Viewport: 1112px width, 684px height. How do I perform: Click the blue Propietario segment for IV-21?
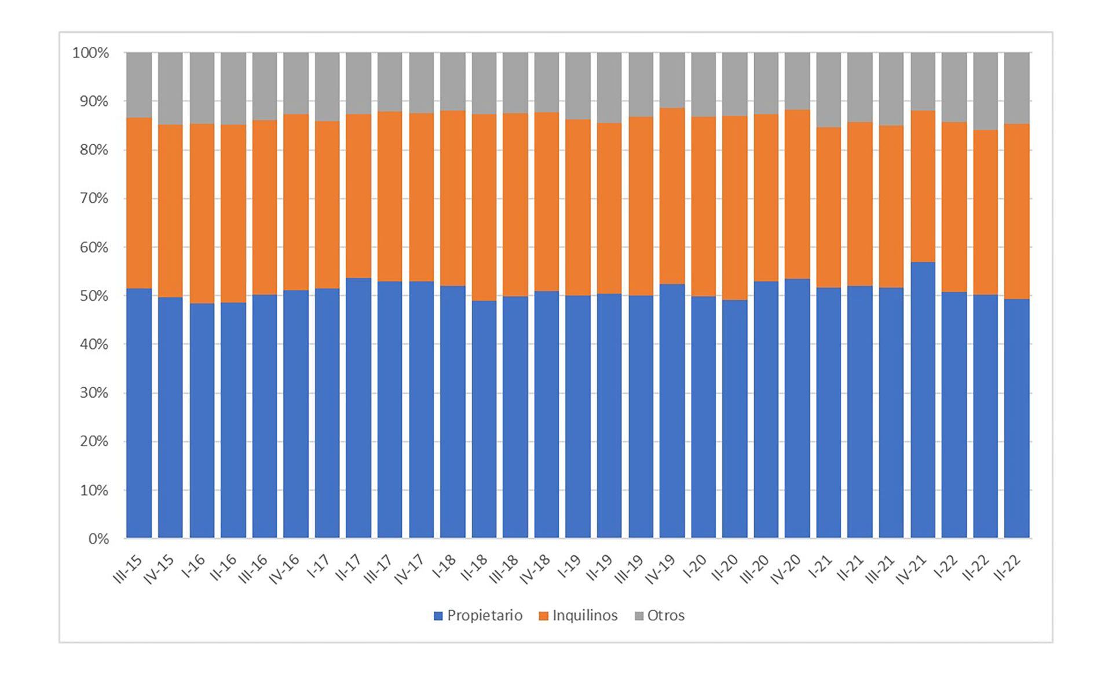point(923,399)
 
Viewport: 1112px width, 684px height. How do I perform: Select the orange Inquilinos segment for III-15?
point(139,203)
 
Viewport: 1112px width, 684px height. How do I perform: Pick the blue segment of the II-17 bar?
point(359,408)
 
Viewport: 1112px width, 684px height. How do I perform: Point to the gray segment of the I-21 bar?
point(829,90)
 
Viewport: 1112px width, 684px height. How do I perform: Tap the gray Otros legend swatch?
point(639,616)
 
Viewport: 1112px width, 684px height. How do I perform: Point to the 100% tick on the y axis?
point(90,53)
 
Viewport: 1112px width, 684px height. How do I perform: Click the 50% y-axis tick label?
point(94,296)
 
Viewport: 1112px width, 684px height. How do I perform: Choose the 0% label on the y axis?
point(98,539)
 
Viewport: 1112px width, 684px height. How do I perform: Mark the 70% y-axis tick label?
point(94,198)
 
